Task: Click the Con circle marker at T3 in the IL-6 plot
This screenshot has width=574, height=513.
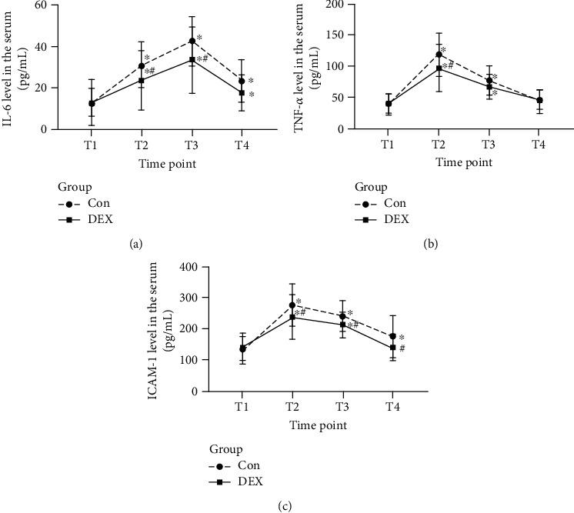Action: (192, 41)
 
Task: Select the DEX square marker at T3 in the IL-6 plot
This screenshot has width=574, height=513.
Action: (192, 59)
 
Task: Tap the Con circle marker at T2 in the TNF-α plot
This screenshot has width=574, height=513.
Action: (395, 55)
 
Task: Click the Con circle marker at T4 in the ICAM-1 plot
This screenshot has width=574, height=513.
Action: (392, 336)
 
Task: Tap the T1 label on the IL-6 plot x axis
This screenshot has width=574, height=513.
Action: (92, 144)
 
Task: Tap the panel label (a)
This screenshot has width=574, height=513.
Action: (136, 245)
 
